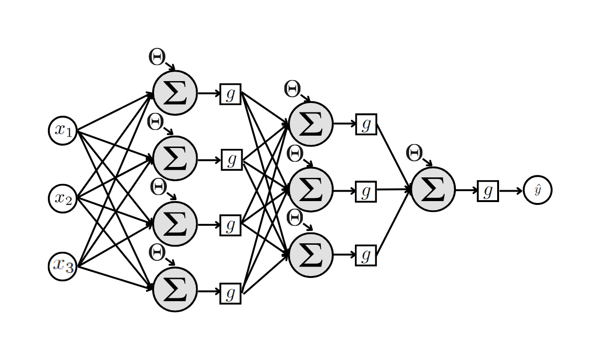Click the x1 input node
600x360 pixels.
click(63, 130)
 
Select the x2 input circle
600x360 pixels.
click(63, 198)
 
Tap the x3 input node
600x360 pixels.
click(63, 266)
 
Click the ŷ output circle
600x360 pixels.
click(537, 190)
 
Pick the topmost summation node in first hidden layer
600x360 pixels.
click(175, 93)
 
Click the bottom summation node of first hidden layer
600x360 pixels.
click(175, 289)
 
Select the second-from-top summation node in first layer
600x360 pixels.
click(175, 158)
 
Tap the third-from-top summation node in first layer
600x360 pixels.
click(175, 224)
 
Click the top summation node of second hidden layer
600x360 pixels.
click(310, 124)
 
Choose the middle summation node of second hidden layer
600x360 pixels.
click(310, 190)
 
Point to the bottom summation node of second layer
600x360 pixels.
click(310, 255)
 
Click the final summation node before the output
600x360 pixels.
click(433, 189)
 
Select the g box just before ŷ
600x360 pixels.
click(488, 191)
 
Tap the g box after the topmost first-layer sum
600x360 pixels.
click(230, 94)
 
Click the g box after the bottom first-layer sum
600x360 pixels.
click(230, 293)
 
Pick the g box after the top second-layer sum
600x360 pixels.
click(366, 124)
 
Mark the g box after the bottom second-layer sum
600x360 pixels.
click(366, 255)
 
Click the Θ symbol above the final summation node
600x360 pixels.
click(414, 153)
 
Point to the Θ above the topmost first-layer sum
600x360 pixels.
click(156, 57)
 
